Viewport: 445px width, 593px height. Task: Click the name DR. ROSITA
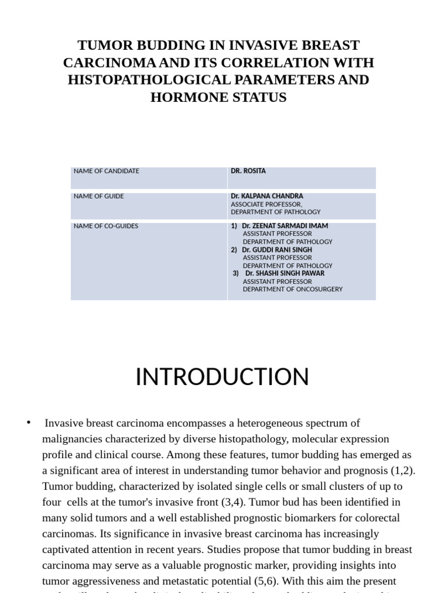click(248, 171)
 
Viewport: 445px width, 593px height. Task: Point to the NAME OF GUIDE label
click(99, 196)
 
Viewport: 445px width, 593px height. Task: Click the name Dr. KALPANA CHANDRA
click(267, 196)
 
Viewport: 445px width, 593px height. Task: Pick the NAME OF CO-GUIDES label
click(105, 226)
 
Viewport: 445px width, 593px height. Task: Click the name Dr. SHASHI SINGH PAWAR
click(284, 273)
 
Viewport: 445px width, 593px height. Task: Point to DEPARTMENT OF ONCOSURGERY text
click(292, 289)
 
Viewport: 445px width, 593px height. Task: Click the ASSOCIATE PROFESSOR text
click(266, 204)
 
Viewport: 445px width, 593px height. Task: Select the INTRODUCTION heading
click(222, 377)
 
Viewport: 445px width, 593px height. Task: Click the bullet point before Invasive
click(28, 423)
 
